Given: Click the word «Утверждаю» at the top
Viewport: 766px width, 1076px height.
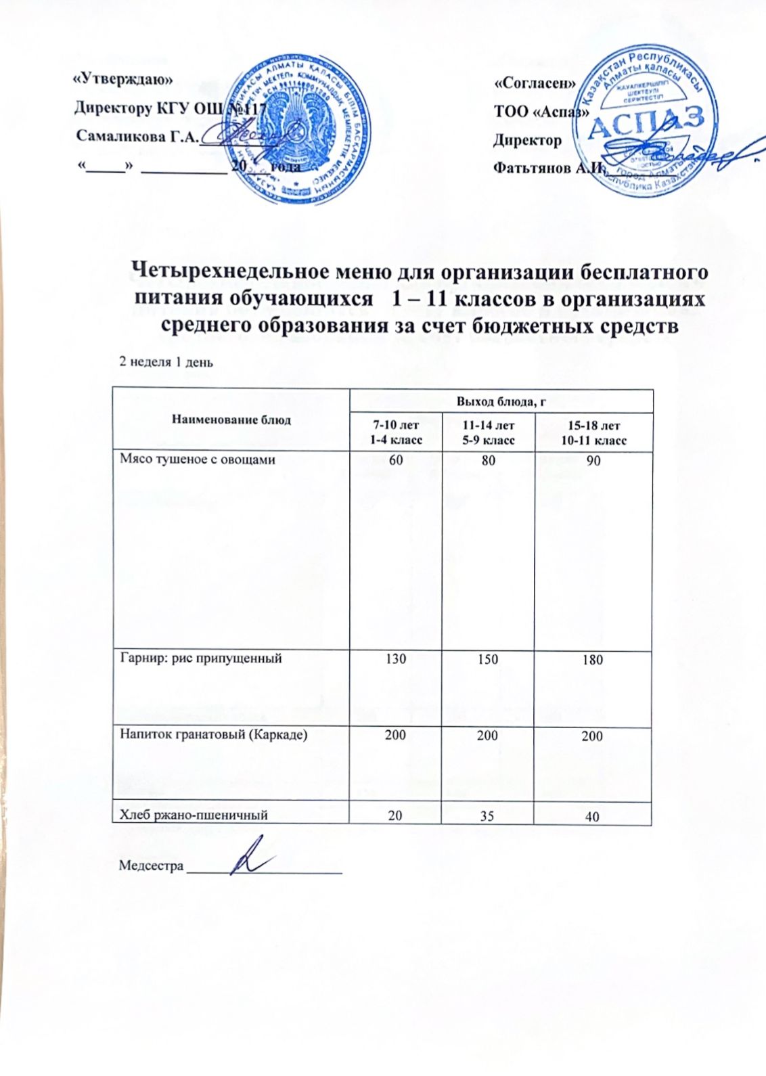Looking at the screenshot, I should point(122,79).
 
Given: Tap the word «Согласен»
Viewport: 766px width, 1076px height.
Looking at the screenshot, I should point(535,84).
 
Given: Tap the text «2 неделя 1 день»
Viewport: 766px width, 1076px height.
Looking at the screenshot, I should point(166,361).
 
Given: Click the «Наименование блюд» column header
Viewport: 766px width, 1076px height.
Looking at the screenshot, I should point(231,420).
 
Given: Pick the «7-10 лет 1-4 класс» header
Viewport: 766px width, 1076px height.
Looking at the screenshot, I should point(395,432).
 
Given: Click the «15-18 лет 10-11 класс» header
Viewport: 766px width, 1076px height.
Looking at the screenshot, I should point(593,432).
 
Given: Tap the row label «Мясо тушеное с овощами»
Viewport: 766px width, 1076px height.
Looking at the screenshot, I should point(198,459).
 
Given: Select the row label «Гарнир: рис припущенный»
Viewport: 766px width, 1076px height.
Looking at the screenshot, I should point(200,658).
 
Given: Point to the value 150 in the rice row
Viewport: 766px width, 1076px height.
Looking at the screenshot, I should point(487,658).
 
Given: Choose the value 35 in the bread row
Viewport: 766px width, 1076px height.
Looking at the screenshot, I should point(487,815).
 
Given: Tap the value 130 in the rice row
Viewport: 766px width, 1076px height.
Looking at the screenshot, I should point(395,658).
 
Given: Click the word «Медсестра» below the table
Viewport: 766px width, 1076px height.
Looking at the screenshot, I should point(151,866).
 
